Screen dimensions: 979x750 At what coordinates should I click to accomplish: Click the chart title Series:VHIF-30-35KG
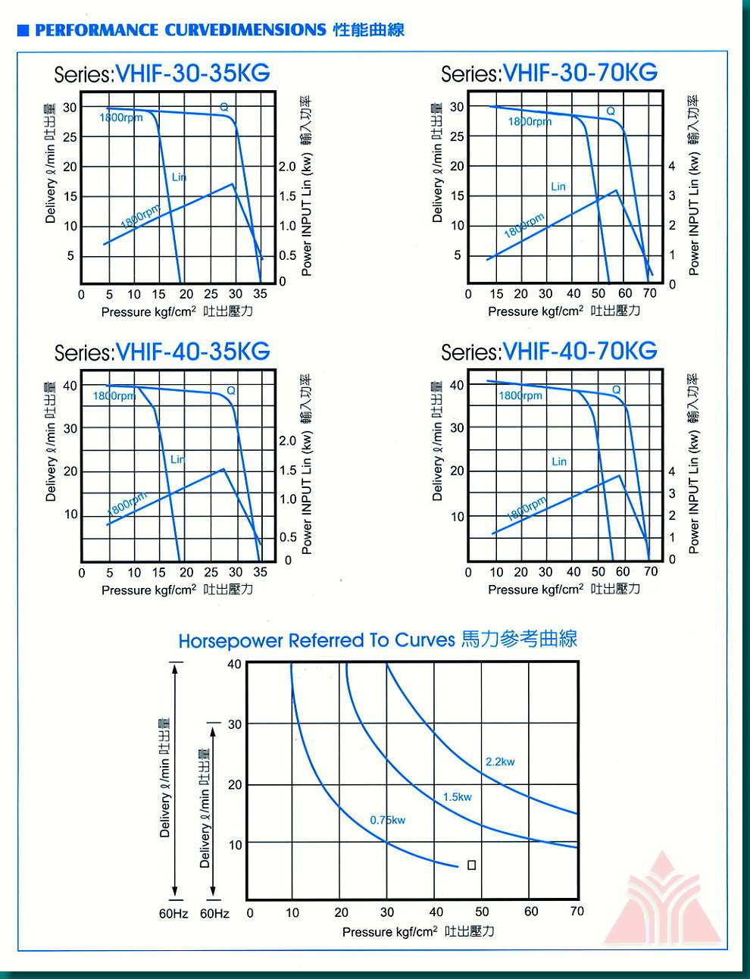pos(162,74)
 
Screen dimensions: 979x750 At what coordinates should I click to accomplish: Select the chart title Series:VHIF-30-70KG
pos(549,73)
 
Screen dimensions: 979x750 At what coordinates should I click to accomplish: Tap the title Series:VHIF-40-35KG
pos(162,352)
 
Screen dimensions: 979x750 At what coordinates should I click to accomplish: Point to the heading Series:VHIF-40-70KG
pos(549,351)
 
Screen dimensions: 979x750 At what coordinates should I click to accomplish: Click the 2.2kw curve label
pos(500,762)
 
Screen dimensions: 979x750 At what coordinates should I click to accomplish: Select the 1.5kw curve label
pos(458,796)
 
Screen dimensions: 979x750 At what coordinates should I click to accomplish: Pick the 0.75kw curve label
pos(388,820)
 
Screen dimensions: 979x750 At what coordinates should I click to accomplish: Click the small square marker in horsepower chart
pos(471,865)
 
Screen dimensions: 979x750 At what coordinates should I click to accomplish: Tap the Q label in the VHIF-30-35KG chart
pos(224,107)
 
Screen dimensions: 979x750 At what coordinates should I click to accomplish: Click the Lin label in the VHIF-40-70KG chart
pos(559,461)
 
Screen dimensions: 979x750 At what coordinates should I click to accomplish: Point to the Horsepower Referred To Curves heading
pos(378,640)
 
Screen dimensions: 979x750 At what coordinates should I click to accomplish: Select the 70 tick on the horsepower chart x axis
pos(577,911)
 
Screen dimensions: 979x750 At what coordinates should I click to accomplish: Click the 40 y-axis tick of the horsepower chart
pos(234,665)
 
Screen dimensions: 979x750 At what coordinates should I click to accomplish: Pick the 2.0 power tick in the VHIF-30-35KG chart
pos(287,167)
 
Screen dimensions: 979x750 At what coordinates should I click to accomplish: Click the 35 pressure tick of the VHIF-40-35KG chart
pos(260,572)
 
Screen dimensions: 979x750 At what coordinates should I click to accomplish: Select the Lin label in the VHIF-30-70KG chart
pos(558,186)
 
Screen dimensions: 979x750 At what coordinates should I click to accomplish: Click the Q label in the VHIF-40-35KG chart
pos(231,390)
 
